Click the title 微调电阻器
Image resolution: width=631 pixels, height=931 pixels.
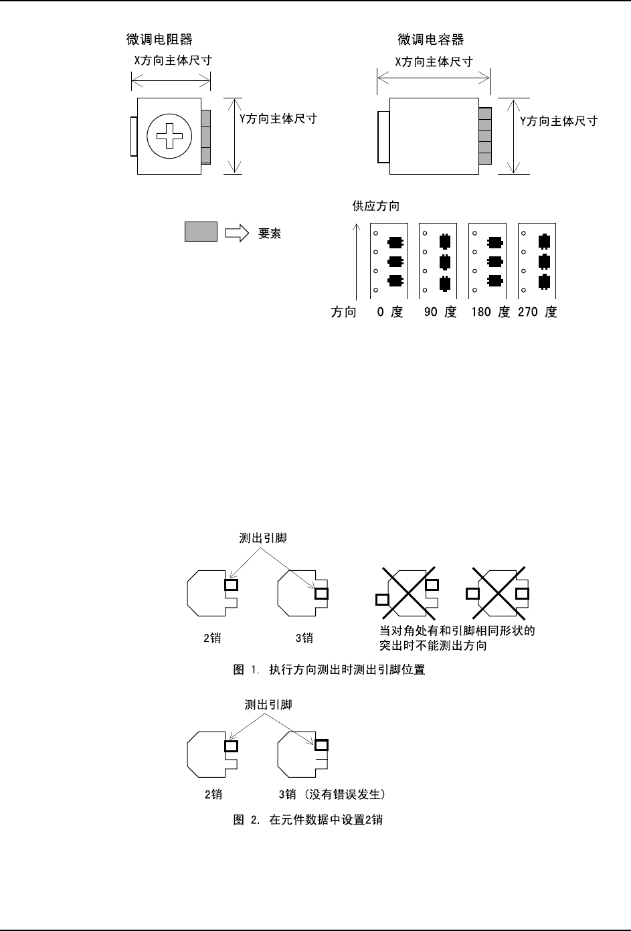[159, 40]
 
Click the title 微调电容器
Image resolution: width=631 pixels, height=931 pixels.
[431, 40]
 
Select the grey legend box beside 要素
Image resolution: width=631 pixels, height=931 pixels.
[201, 232]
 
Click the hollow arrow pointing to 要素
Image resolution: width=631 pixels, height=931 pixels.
[236, 233]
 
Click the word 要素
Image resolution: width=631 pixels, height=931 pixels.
[270, 234]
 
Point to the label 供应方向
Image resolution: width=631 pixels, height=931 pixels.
[376, 206]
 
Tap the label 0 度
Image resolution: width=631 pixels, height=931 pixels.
[390, 312]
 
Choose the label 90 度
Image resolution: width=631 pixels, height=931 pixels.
[440, 312]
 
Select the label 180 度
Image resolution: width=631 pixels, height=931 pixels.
[490, 312]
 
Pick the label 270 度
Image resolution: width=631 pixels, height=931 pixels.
[537, 312]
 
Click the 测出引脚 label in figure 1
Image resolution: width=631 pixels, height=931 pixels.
[263, 538]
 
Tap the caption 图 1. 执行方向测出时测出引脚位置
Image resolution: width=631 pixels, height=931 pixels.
[329, 669]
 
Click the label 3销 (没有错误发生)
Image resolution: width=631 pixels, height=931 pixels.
[332, 795]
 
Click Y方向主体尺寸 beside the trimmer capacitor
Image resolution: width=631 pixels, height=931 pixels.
[559, 121]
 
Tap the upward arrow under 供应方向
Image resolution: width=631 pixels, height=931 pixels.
[358, 261]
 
